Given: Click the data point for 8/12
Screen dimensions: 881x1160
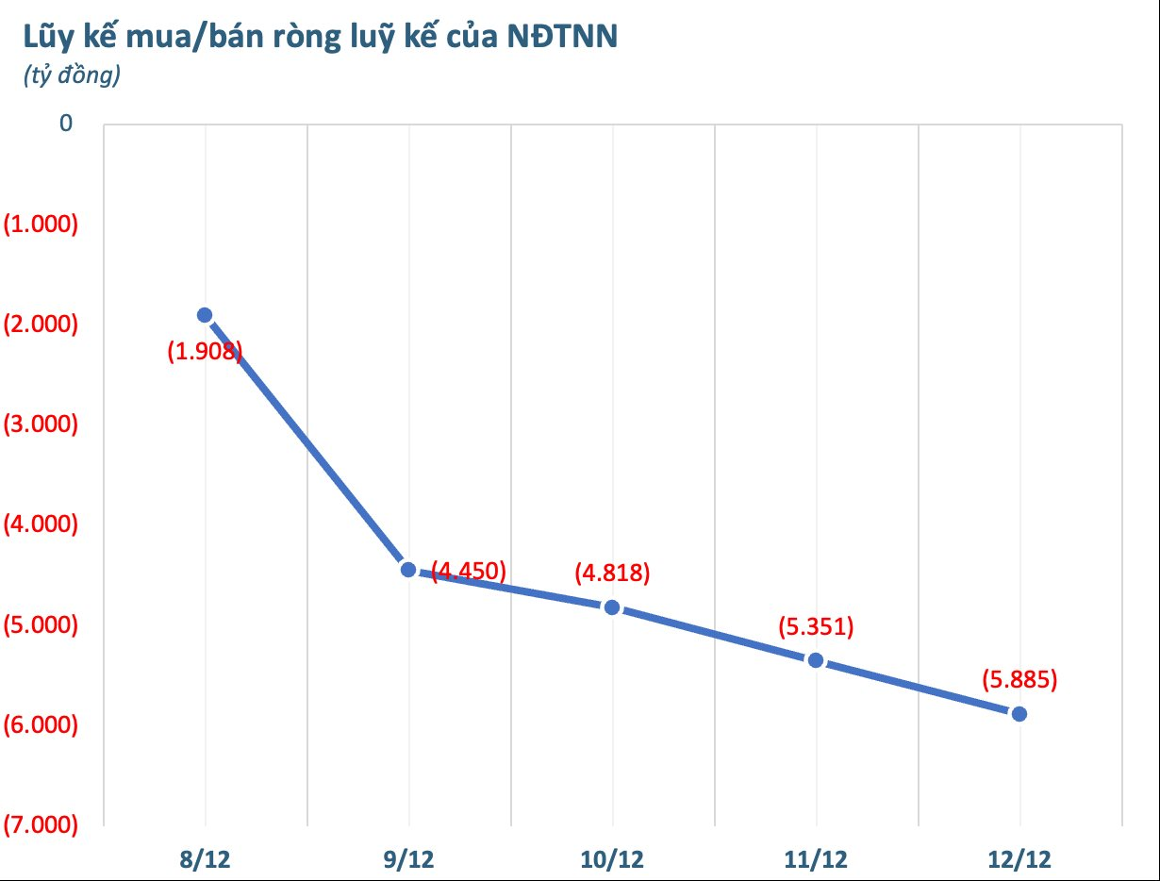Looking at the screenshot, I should [205, 315].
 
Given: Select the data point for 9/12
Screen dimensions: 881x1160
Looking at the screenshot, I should [408, 569].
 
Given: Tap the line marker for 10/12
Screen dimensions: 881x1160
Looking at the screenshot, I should [612, 607].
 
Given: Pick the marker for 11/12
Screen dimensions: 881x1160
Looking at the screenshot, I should [816, 660].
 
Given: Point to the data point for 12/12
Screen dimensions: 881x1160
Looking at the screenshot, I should [1019, 714].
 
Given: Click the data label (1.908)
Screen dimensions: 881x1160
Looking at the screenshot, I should [205, 353].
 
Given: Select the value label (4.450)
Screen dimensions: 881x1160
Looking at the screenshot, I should [469, 571].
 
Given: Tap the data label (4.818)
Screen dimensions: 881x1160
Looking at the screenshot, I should [612, 573].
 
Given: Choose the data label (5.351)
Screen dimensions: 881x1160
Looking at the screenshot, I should [816, 626].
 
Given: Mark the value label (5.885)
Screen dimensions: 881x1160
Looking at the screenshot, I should [1019, 679].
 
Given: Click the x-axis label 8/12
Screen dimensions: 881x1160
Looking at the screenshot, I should [205, 859].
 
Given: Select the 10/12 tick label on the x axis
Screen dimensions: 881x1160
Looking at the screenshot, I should [612, 859].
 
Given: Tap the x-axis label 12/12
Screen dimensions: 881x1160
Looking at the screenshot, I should [1019, 859].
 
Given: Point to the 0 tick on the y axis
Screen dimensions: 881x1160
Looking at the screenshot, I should [66, 124].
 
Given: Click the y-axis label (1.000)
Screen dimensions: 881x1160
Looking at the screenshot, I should [41, 224].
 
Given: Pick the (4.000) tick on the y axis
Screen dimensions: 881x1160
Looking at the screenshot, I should [41, 524].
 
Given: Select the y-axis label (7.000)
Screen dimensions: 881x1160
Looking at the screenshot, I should [41, 825].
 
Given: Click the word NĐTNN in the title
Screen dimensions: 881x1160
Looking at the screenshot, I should [562, 38].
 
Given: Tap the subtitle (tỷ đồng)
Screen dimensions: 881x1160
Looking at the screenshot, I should [72, 76].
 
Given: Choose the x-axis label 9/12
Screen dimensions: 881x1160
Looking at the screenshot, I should [408, 859].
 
